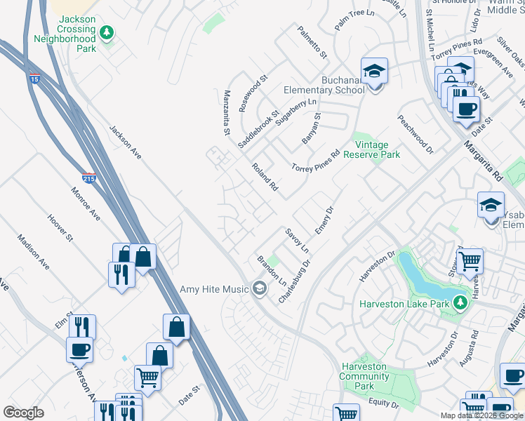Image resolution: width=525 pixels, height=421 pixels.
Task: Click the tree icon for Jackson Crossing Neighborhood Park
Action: (106, 32)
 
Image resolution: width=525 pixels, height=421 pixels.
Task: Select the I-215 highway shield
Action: (89, 179)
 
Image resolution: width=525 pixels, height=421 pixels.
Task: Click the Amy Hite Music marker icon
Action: (260, 288)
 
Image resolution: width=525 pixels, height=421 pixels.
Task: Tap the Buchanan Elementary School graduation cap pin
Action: (374, 71)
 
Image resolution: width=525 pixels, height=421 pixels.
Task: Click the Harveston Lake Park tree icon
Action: (460, 303)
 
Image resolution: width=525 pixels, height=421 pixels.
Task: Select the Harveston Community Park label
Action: (364, 376)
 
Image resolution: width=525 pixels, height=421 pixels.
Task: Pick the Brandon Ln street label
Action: (272, 270)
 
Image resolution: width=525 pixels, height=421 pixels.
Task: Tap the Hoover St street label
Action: (60, 229)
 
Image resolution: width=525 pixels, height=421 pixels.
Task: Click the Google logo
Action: (23, 413)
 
